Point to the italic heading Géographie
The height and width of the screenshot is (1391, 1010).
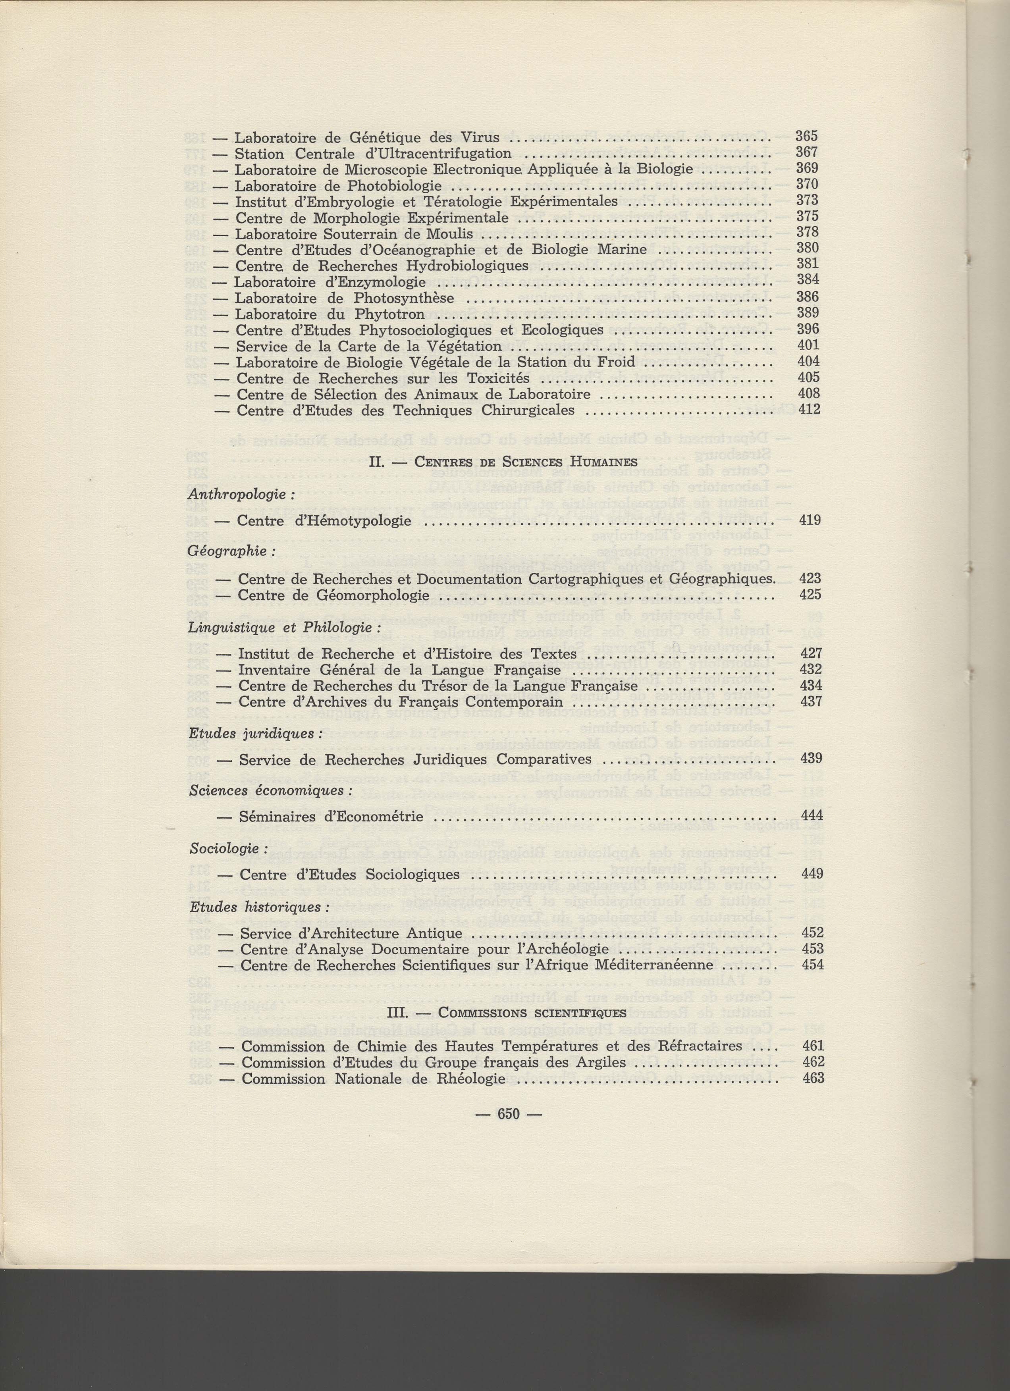click(x=227, y=551)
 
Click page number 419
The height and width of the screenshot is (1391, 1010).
click(x=810, y=521)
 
